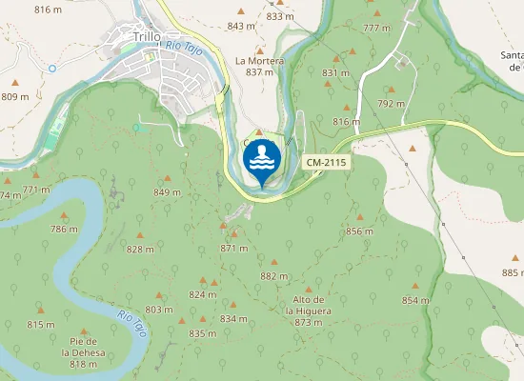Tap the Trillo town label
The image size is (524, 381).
(147, 37)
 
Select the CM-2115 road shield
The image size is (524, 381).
(327, 164)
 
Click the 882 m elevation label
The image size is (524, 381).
(273, 276)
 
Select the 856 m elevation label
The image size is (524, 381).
(358, 231)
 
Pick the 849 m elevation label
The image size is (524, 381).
(167, 193)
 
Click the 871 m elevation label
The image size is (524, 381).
(233, 248)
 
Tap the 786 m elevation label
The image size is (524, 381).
(64, 230)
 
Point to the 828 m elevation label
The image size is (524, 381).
(140, 250)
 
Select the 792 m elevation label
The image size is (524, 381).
(391, 103)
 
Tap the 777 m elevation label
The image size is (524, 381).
(377, 28)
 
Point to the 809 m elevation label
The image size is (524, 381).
(15, 96)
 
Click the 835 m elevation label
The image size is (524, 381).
(203, 333)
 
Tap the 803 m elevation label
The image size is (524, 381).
(158, 310)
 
